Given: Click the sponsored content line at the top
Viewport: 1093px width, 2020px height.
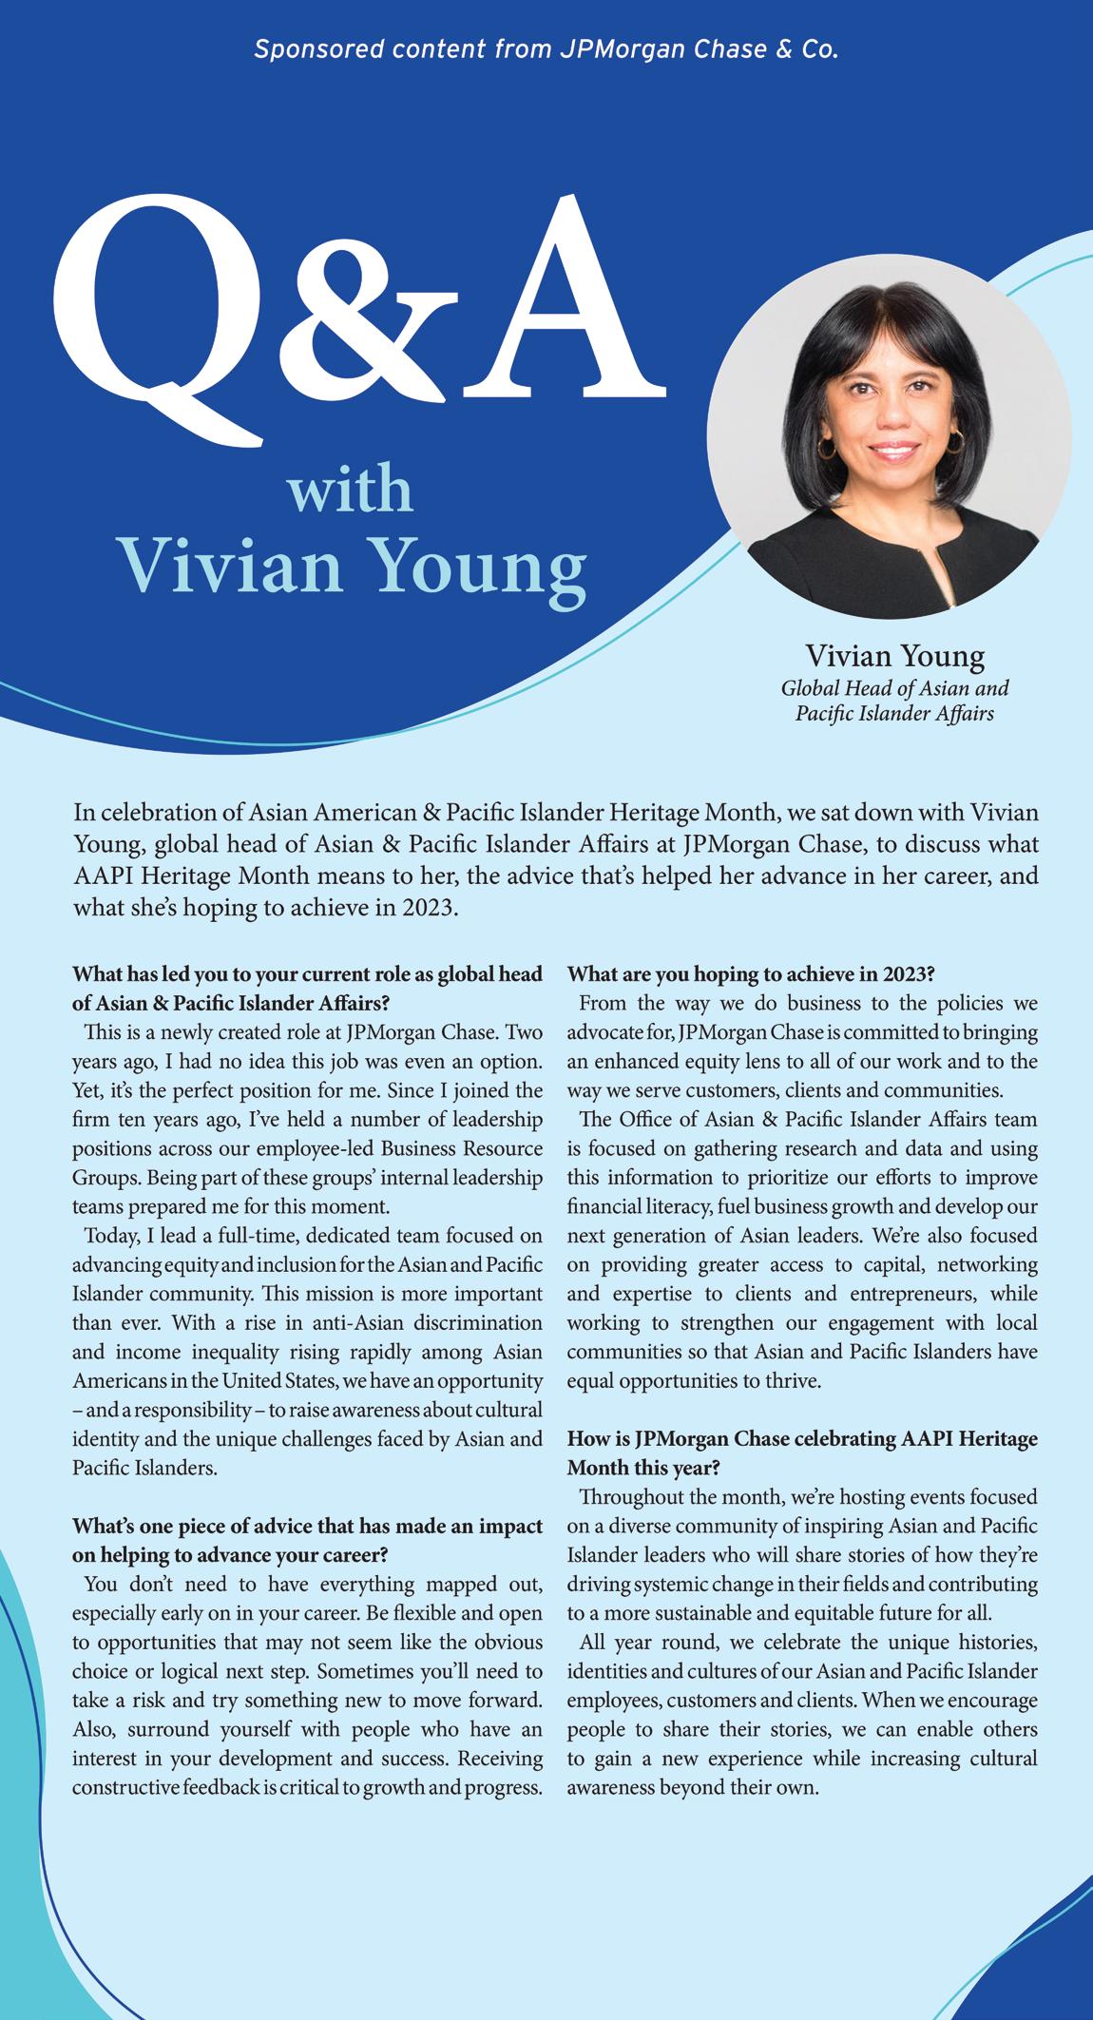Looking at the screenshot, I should pyautogui.click(x=546, y=49).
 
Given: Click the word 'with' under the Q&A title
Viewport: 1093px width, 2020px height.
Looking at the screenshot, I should pyautogui.click(x=351, y=492).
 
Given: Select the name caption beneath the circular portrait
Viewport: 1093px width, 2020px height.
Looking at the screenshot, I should pyautogui.click(x=894, y=656).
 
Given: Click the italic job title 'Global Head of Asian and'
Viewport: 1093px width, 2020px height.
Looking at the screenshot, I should pyautogui.click(x=894, y=687).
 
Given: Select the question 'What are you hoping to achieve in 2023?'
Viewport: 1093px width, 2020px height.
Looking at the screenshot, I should pyautogui.click(x=752, y=974).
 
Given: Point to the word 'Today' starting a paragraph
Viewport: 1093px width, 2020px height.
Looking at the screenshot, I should pyautogui.click(x=110, y=1237).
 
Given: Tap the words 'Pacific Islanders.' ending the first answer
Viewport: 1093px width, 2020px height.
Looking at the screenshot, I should pyautogui.click(x=145, y=1468).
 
